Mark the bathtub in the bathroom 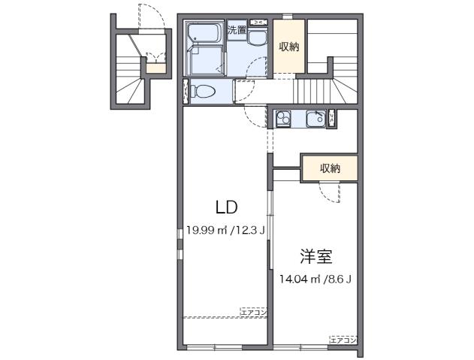click(x=202, y=35)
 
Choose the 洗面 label click(x=237, y=30)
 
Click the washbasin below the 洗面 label click(x=256, y=41)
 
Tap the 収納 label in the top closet click(x=289, y=47)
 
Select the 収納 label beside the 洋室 click(x=330, y=168)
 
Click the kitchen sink click(x=316, y=118)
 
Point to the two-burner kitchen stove click(x=285, y=118)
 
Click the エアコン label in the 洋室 click(x=343, y=340)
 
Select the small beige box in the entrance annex click(x=155, y=68)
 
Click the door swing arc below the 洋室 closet click(x=331, y=192)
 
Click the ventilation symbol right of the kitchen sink click(x=333, y=117)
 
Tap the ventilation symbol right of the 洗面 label click(x=258, y=23)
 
